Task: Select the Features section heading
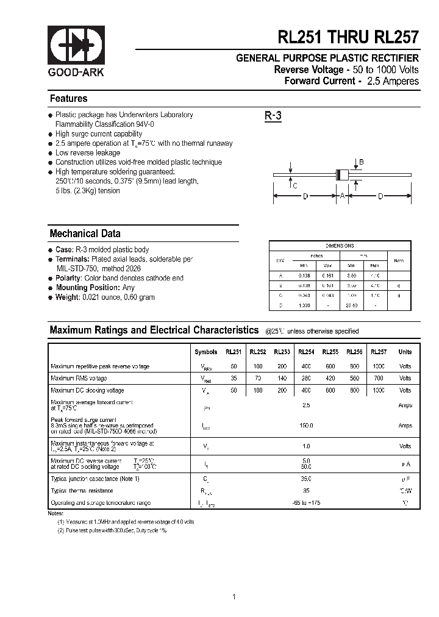click(x=68, y=99)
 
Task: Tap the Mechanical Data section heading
click(x=85, y=234)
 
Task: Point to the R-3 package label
click(x=273, y=116)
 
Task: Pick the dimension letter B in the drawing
click(x=361, y=162)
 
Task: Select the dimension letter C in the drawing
click(x=294, y=186)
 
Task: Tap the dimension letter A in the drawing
click(x=342, y=196)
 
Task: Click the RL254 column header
click(x=306, y=352)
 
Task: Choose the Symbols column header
click(x=205, y=352)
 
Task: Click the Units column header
click(x=405, y=352)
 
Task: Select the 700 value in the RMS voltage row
click(x=379, y=379)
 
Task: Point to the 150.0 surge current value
click(x=306, y=426)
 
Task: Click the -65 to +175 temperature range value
click(x=306, y=503)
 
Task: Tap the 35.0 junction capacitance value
click(x=306, y=479)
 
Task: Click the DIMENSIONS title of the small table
click(x=340, y=246)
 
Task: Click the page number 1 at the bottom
click(x=234, y=579)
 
